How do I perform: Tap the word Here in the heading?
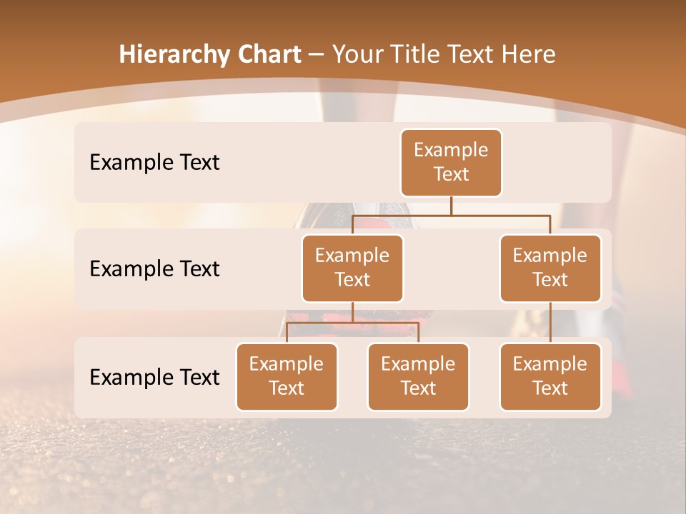[x=528, y=54]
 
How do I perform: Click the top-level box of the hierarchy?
[x=451, y=163]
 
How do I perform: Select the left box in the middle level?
[x=352, y=268]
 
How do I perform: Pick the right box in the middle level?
[x=550, y=268]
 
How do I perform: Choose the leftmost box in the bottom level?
[x=287, y=377]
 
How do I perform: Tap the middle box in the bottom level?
[x=418, y=377]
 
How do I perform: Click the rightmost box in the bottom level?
[x=550, y=377]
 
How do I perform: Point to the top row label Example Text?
[x=154, y=163]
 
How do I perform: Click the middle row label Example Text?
[x=154, y=269]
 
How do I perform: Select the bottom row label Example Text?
[x=154, y=377]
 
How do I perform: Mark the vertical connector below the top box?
[x=451, y=206]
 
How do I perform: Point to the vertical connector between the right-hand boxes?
[x=550, y=323]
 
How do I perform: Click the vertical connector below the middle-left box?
[x=352, y=312]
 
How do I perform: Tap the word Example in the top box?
[x=451, y=151]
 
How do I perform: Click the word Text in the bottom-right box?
[x=550, y=388]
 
